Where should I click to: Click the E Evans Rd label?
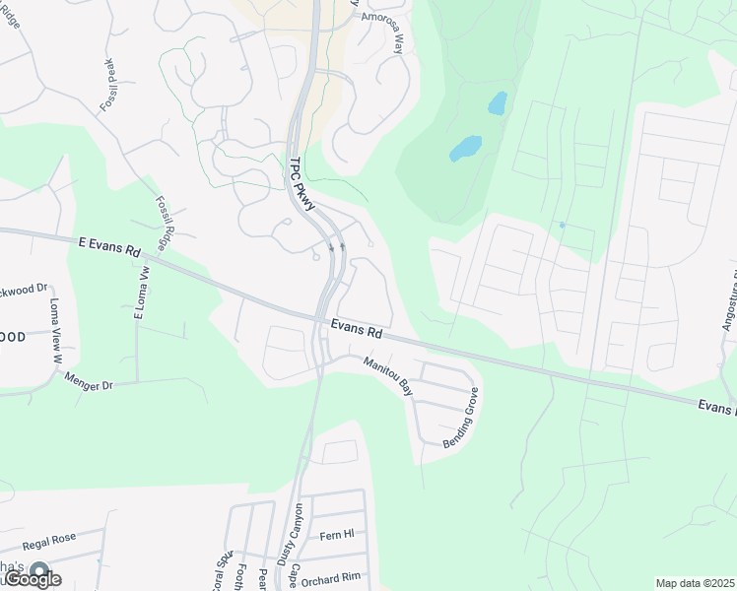[x=108, y=246]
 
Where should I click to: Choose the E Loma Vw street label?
[x=141, y=292]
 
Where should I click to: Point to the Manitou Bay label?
[x=387, y=375]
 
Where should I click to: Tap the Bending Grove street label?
[x=460, y=419]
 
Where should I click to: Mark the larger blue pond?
[x=465, y=149]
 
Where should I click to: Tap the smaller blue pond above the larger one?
[x=497, y=102]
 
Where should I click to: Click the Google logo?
[x=32, y=579]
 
